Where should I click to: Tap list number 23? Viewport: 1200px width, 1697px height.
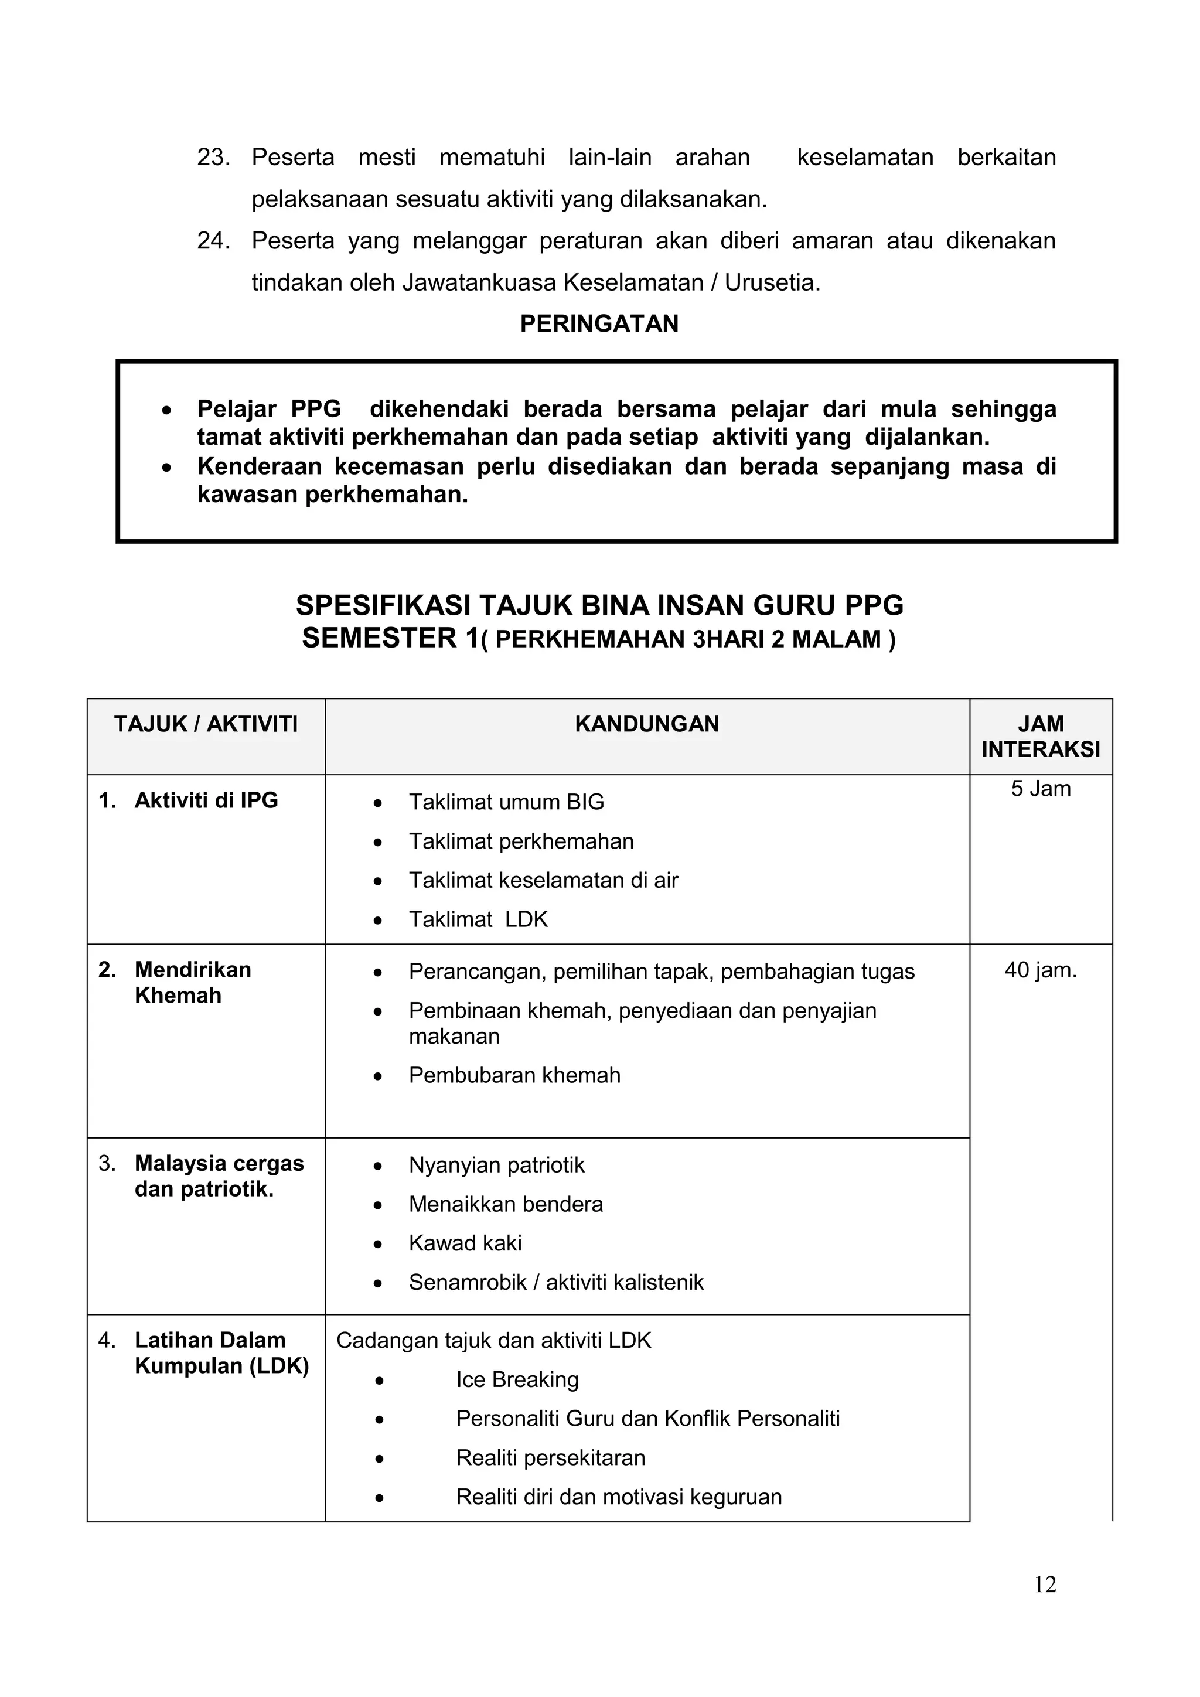213,158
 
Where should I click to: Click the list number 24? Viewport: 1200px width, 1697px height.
213,241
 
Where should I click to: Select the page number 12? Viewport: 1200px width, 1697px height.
1045,1584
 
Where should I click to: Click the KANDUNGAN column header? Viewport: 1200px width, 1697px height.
646,724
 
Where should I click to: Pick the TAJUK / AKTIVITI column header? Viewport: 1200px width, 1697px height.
206,724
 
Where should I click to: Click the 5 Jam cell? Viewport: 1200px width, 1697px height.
1041,789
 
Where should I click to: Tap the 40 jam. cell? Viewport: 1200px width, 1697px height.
1041,970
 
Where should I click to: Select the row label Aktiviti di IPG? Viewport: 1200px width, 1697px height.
206,800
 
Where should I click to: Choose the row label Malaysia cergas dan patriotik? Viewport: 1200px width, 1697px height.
219,1176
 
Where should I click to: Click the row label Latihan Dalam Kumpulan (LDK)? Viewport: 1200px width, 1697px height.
221,1352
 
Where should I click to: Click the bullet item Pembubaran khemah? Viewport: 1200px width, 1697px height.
514,1075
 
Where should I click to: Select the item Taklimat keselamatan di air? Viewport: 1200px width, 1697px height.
543,880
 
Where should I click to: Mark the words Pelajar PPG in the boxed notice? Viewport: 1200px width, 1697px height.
269,409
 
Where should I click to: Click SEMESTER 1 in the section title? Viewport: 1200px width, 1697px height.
390,638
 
